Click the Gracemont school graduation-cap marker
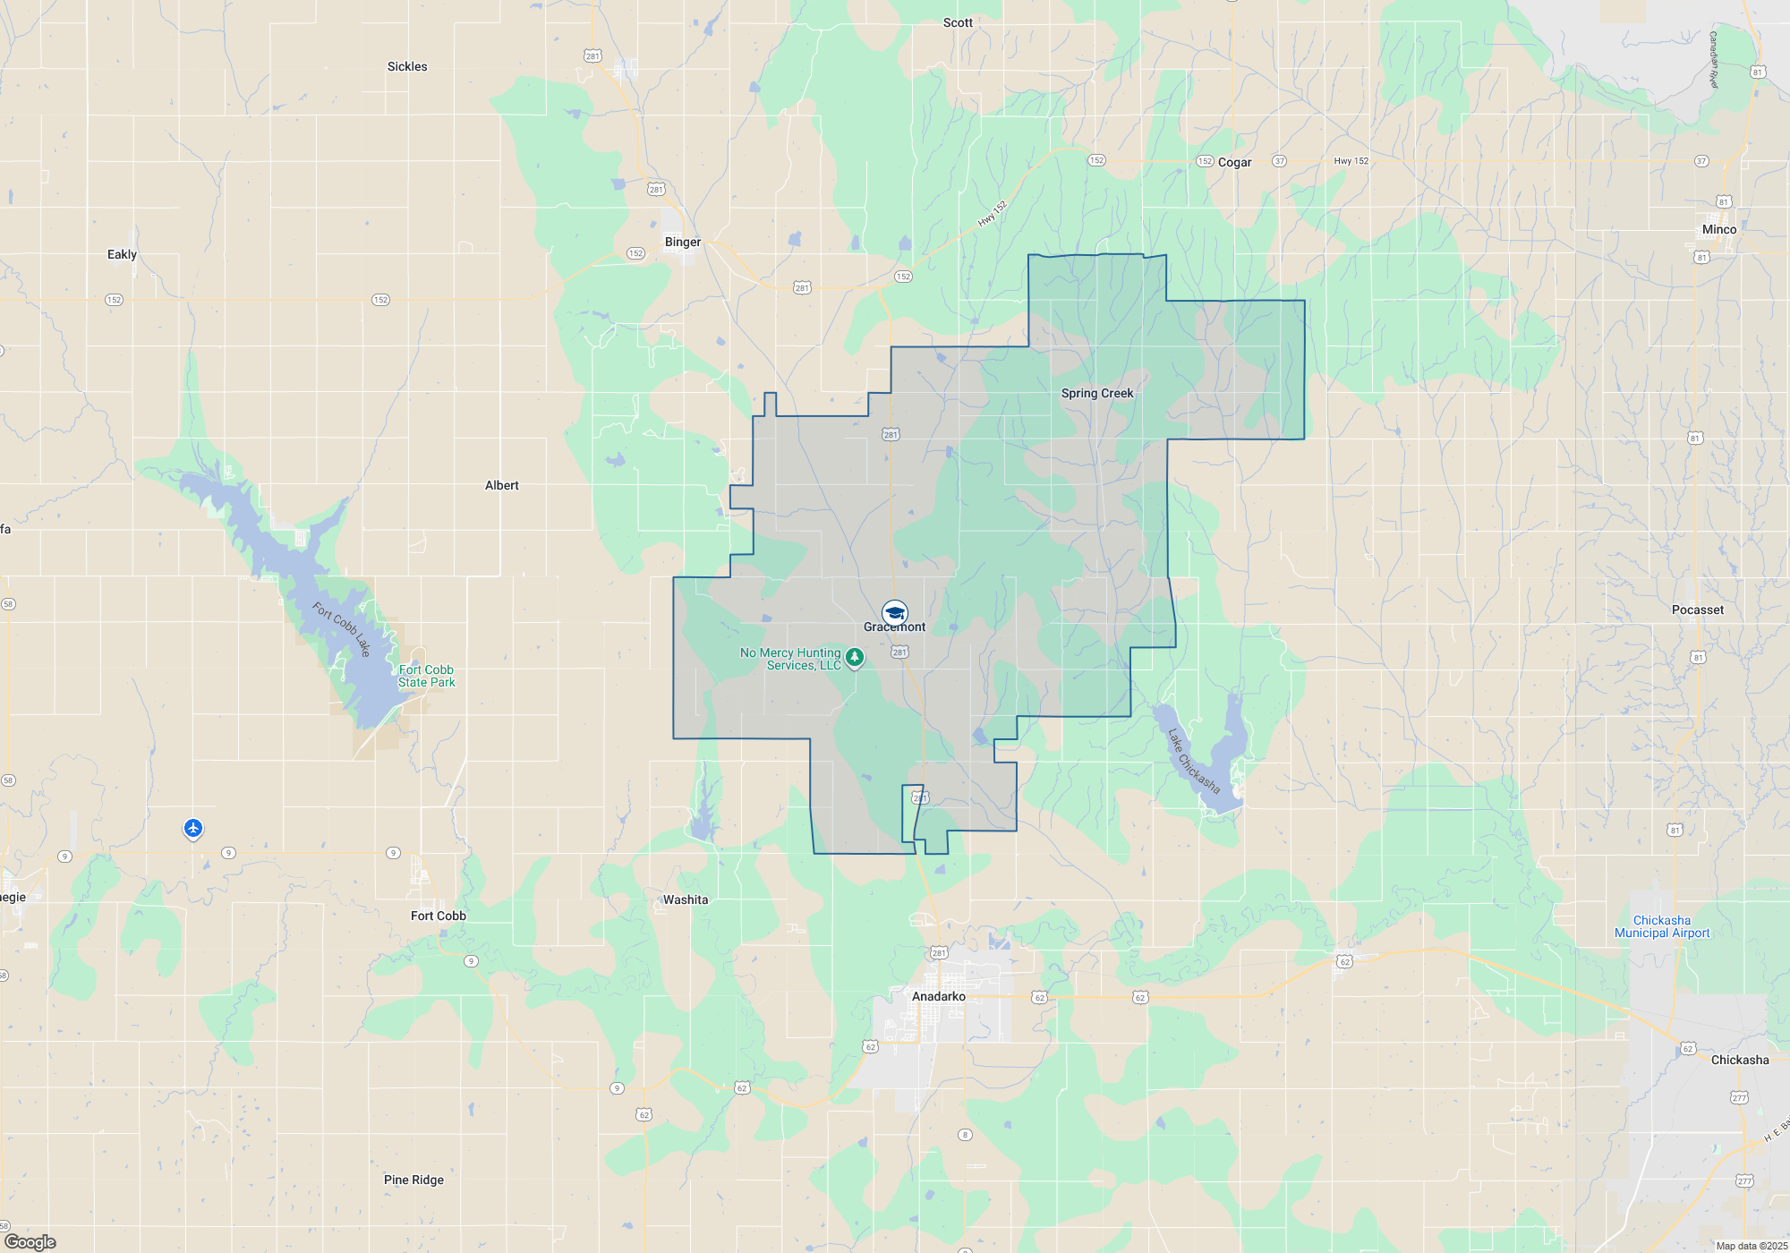click(894, 613)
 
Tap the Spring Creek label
click(1097, 393)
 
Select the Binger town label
click(683, 242)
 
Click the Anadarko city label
click(939, 996)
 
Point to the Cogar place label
click(1234, 162)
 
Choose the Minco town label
click(1719, 229)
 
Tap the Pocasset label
click(1698, 609)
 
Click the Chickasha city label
click(1740, 1060)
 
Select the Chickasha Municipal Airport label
click(1662, 926)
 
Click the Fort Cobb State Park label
click(426, 676)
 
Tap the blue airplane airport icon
click(193, 828)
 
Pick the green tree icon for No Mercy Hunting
click(855, 659)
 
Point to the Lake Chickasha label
click(1194, 761)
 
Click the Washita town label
click(686, 899)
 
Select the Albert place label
click(502, 485)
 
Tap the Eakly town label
click(123, 254)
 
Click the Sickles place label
click(407, 66)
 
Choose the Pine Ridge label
click(413, 1180)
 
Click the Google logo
click(30, 1242)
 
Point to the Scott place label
click(958, 22)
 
